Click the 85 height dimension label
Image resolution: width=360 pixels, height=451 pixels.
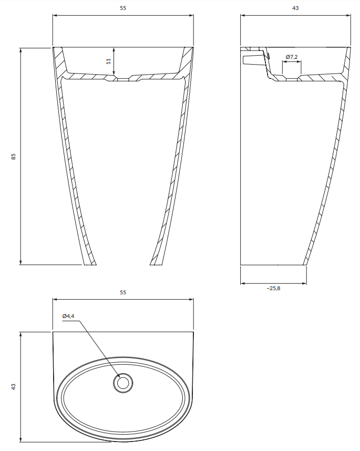point(14,157)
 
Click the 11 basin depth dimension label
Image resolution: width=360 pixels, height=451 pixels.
point(108,61)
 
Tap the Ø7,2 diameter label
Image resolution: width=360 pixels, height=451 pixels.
point(292,57)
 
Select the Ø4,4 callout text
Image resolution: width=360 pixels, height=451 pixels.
point(68,316)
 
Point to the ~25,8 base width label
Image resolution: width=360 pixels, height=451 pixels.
point(273,288)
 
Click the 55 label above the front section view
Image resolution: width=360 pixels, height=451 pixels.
point(123,8)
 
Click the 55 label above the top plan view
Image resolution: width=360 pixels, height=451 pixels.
point(123,292)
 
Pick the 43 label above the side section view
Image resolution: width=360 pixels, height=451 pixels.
point(295,8)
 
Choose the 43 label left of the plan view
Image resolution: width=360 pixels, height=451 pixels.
point(14,387)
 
